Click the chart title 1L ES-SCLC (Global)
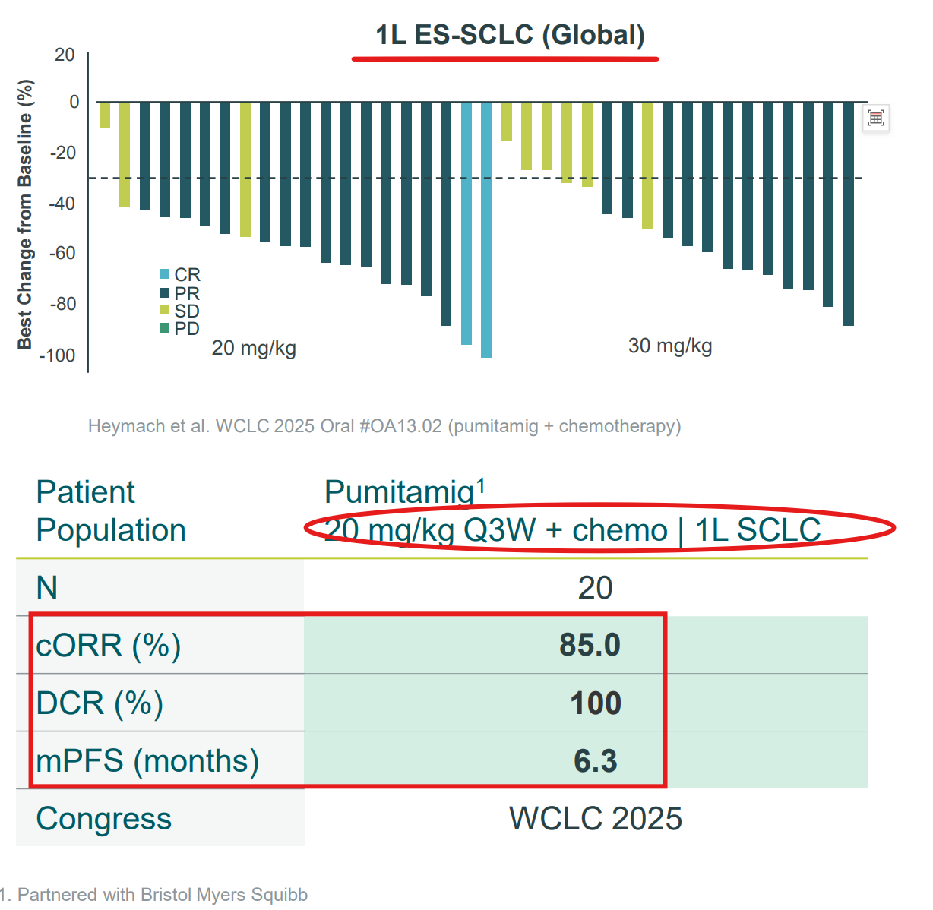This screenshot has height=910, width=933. [510, 35]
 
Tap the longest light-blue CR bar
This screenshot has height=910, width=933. [486, 228]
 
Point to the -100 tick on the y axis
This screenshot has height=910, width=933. [58, 355]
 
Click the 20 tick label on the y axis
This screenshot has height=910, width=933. [65, 55]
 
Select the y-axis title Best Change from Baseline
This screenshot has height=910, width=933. [25, 214]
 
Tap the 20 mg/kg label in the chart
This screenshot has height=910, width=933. [254, 348]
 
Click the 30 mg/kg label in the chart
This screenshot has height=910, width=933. [670, 346]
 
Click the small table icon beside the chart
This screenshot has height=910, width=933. [876, 118]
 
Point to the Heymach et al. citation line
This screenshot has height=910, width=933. [384, 426]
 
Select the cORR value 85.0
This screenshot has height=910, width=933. [590, 645]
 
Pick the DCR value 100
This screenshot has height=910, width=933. [596, 703]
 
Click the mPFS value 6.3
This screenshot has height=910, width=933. [595, 760]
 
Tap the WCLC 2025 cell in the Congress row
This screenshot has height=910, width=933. [595, 818]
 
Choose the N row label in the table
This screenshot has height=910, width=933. [47, 587]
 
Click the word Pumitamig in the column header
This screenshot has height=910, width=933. [399, 492]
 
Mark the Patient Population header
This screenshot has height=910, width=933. [111, 510]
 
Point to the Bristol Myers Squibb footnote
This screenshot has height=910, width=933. [154, 895]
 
